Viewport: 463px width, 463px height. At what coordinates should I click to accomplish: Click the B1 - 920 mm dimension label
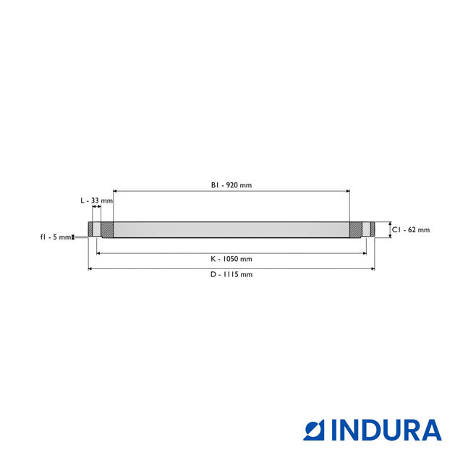coord(231,185)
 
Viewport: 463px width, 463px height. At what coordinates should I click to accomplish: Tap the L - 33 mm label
coord(96,201)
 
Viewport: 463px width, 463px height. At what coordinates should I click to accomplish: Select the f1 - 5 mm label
coord(56,237)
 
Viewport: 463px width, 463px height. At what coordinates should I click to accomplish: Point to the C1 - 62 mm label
coord(411,230)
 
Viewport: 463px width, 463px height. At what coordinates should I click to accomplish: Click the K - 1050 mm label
coord(231,259)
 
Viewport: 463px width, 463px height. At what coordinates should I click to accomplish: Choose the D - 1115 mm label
coord(231,275)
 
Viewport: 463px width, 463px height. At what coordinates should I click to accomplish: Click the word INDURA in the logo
coord(386,430)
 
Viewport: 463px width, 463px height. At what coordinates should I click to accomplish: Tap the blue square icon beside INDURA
coord(314,430)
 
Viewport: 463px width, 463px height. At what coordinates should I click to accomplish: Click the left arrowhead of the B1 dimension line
coord(115,191)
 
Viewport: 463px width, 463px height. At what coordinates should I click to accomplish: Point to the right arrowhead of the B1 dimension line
coord(348,191)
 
